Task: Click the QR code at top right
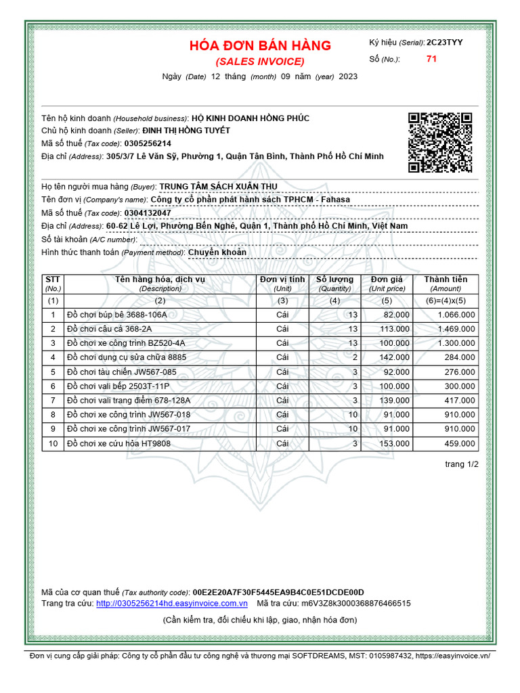click(439, 143)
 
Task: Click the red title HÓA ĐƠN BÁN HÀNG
click(260, 46)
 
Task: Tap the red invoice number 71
click(431, 59)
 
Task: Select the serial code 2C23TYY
click(445, 42)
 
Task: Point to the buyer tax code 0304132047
click(148, 213)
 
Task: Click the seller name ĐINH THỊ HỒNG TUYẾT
click(186, 131)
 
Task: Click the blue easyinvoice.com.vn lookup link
click(172, 603)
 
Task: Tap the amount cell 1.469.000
click(456, 329)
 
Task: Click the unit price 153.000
click(395, 444)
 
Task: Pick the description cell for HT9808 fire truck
click(118, 444)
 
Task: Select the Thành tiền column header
click(446, 284)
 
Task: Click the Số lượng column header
click(334, 284)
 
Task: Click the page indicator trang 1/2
click(461, 464)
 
